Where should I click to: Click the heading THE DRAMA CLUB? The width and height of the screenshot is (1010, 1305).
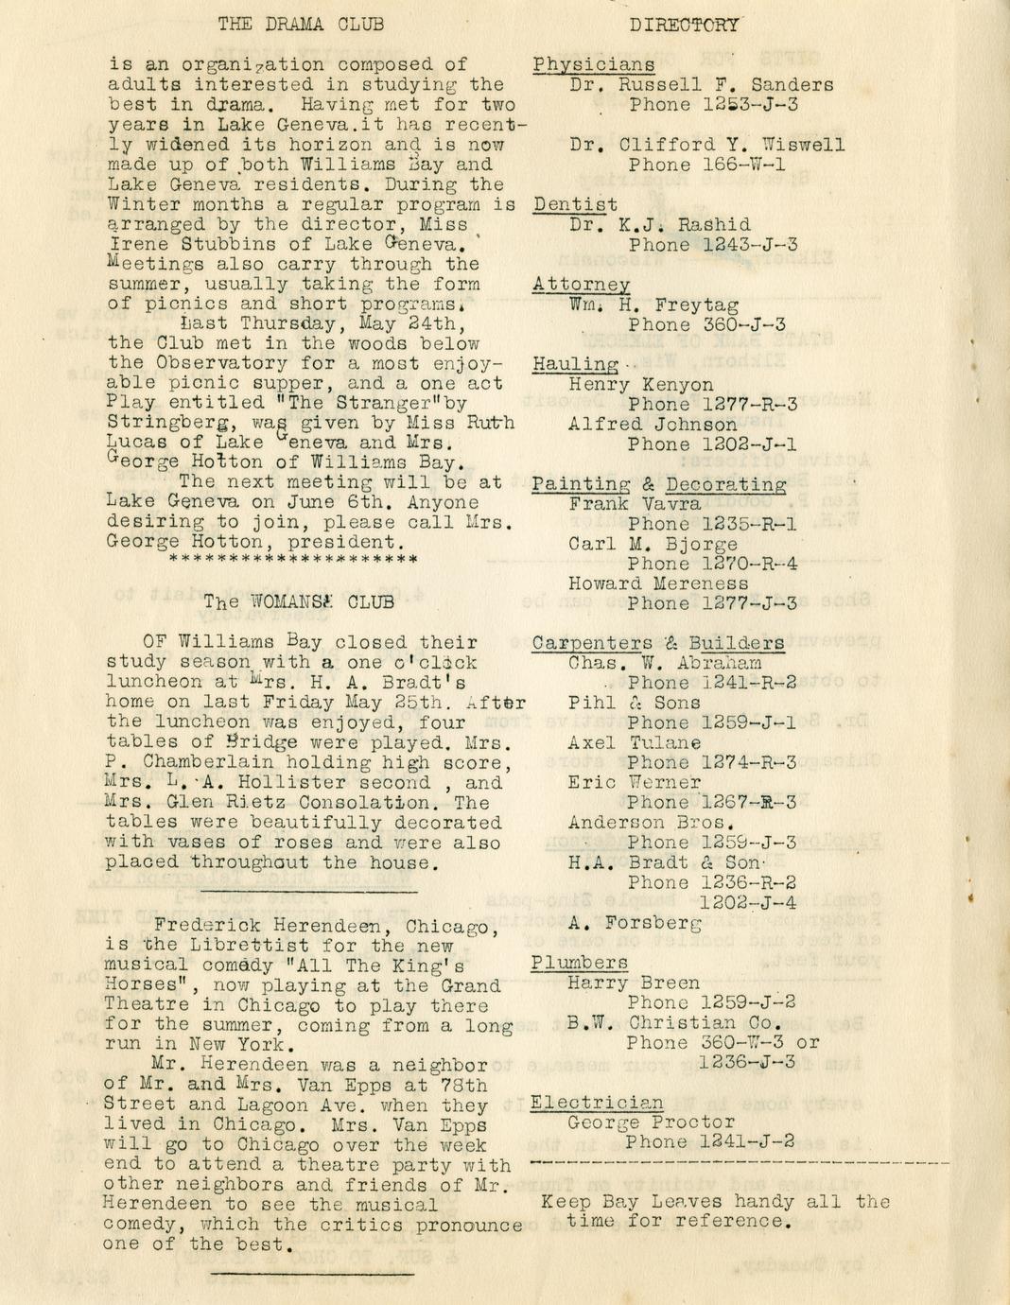301,25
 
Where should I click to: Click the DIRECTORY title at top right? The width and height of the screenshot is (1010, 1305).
686,25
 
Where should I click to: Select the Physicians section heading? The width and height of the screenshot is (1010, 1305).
594,65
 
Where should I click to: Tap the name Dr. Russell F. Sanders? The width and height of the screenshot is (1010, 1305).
702,85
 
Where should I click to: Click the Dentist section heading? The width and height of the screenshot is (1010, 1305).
575,204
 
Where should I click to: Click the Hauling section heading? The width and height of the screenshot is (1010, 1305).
575,364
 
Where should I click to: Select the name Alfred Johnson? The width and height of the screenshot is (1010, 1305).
653,425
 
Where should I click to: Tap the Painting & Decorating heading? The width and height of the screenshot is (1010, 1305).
659,484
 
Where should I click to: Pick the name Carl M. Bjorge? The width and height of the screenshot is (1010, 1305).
653,544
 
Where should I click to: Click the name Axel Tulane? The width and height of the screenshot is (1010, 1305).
635,743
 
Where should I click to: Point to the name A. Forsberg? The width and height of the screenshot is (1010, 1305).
635,922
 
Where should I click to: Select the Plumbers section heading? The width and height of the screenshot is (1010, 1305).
579,963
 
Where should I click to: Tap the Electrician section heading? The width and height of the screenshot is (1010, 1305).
597,1103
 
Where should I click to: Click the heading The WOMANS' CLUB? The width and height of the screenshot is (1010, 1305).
299,601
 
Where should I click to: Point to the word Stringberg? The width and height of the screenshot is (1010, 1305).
165,423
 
